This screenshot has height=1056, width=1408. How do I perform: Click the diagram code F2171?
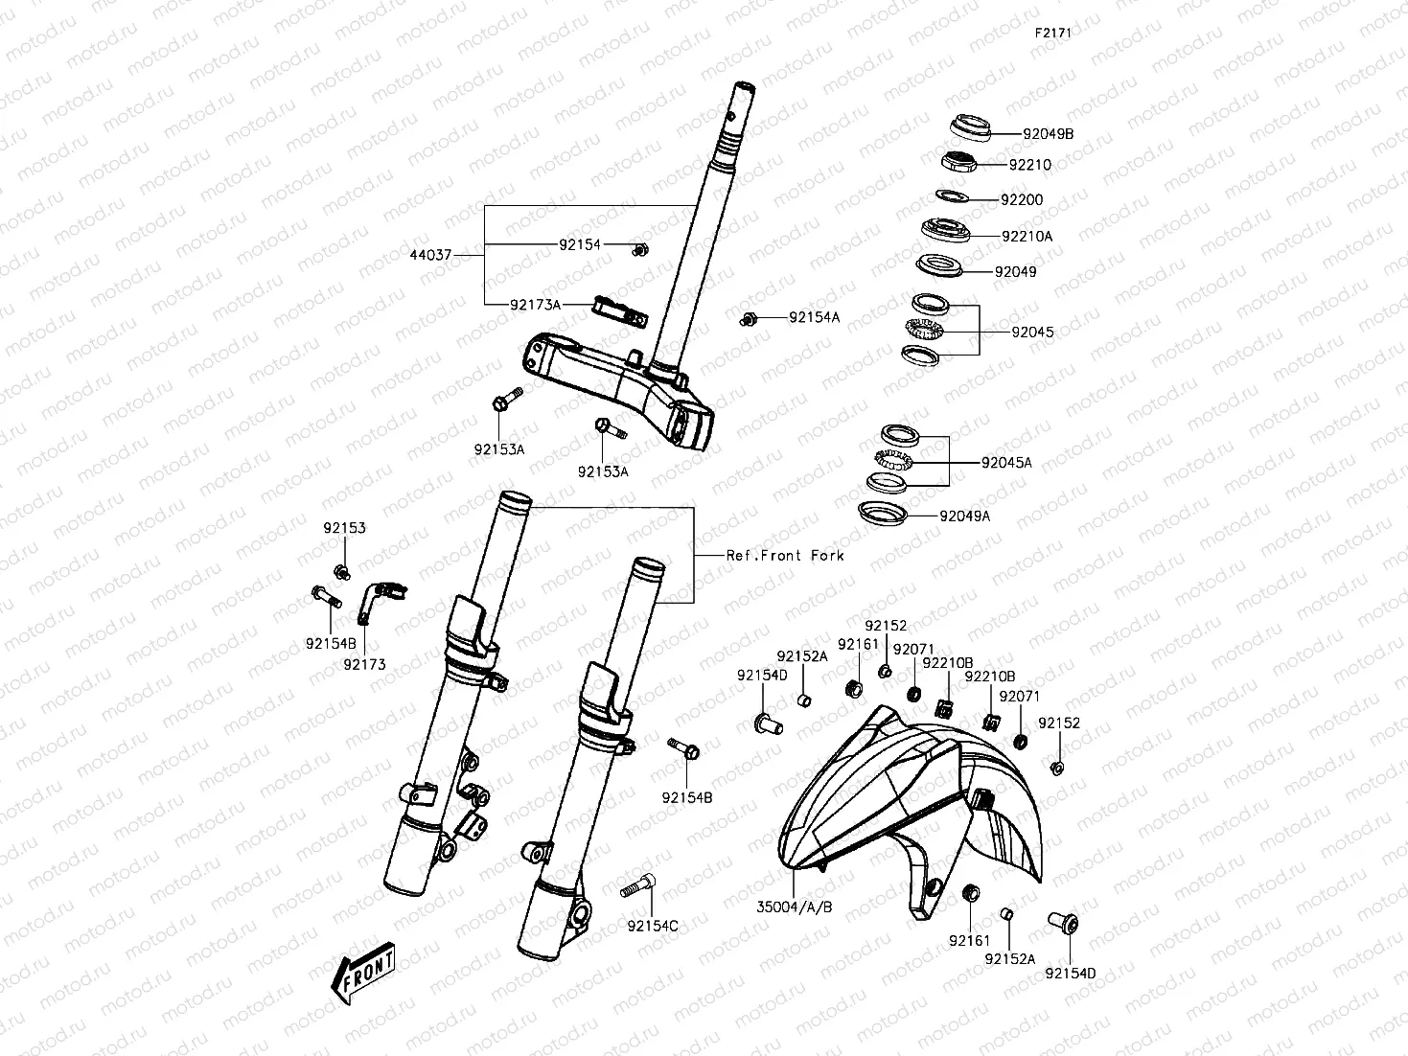tap(1051, 32)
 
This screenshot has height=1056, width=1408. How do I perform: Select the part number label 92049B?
tap(1048, 134)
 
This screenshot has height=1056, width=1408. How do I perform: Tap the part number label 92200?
tap(1022, 200)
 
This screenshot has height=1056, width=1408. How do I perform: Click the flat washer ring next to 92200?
tap(953, 196)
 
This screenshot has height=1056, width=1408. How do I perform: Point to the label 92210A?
tap(1027, 236)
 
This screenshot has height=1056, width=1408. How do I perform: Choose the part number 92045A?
tap(1006, 463)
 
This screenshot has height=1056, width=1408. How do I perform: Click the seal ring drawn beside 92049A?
tap(883, 514)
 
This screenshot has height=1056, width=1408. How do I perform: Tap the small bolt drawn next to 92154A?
tap(750, 318)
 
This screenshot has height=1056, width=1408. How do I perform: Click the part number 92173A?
tap(535, 304)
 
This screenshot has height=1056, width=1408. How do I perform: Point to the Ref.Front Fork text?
tap(785, 555)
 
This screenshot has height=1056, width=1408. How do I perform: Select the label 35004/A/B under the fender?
tap(794, 906)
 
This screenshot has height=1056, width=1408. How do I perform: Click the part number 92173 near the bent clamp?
tap(364, 664)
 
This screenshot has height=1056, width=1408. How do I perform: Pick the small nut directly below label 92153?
tap(340, 572)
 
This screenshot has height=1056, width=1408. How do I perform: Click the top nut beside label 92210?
tap(958, 161)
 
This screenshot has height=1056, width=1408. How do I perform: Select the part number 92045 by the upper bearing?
tap(1032, 333)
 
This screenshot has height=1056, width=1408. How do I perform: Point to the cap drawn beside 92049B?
tap(968, 126)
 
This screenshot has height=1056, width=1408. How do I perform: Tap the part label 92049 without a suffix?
tap(1015, 272)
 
